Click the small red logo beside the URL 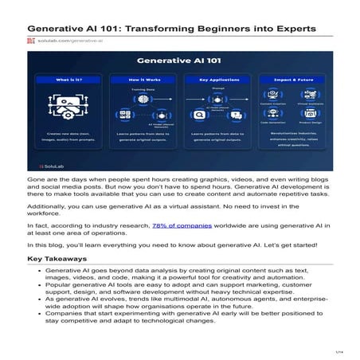pyautogui.click(x=31, y=39)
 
